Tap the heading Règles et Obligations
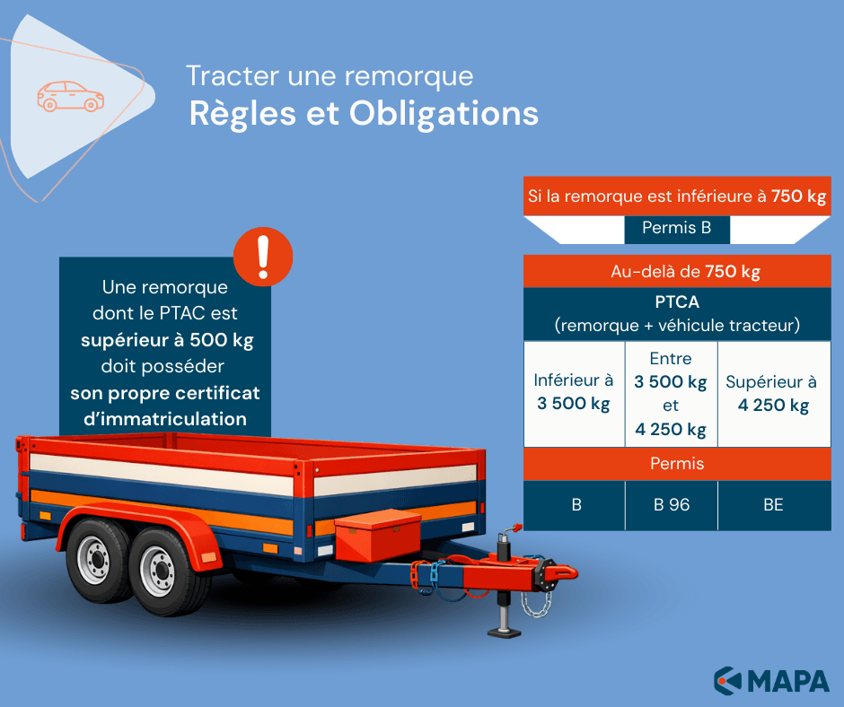coord(364,114)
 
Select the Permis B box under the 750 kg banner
coord(677,228)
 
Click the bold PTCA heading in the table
coord(677,301)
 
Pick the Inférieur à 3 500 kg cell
coord(574,392)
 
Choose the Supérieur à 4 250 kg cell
coord(773,394)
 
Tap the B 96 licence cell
coord(672,505)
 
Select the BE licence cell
coord(773,505)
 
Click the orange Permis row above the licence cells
coord(677,464)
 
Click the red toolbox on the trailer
coord(377,536)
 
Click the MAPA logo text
coord(788,680)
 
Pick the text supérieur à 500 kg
coord(167,340)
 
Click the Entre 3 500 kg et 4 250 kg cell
coord(672,394)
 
